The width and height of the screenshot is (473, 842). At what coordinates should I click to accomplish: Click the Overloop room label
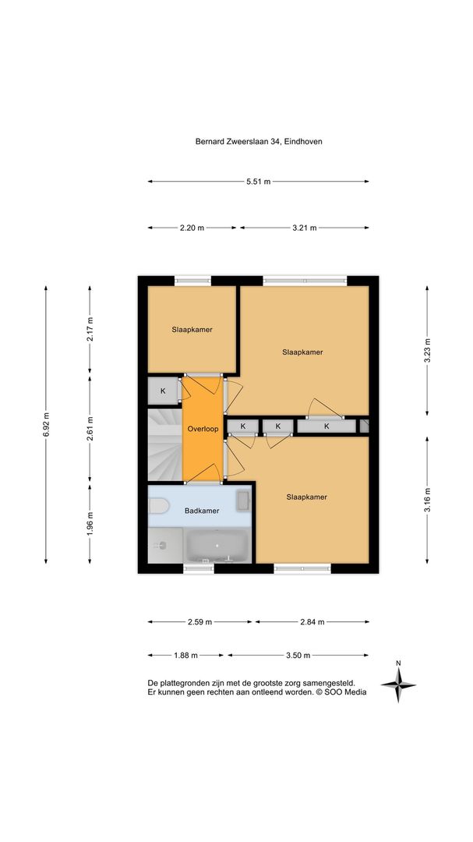(203, 429)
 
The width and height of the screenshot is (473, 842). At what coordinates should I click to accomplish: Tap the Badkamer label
(202, 511)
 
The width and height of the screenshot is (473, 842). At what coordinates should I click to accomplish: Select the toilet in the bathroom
(158, 506)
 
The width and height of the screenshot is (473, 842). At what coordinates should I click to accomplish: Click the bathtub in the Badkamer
(217, 546)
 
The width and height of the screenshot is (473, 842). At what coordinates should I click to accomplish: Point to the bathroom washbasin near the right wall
(243, 501)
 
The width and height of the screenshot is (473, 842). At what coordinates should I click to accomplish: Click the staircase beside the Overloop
(165, 445)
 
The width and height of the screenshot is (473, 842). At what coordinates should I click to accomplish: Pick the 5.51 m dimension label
(258, 182)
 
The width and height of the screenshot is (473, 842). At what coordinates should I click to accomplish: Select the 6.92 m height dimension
(46, 424)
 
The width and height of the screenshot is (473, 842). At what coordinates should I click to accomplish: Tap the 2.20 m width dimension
(192, 228)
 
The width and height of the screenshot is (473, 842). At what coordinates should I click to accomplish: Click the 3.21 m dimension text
(305, 228)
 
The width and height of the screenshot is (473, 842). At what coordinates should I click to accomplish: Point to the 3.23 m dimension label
(427, 351)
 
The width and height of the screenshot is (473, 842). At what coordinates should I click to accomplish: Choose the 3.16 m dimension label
(427, 500)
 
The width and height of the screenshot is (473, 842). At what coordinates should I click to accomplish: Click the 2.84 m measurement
(312, 622)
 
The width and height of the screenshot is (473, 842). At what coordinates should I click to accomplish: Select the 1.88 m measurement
(185, 655)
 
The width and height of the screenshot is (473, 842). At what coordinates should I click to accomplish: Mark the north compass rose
(398, 685)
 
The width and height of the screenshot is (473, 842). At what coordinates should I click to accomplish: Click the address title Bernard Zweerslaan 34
(238, 142)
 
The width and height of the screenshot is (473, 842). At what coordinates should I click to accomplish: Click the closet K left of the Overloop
(163, 391)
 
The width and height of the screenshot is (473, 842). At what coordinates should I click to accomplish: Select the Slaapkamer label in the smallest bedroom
(192, 330)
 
